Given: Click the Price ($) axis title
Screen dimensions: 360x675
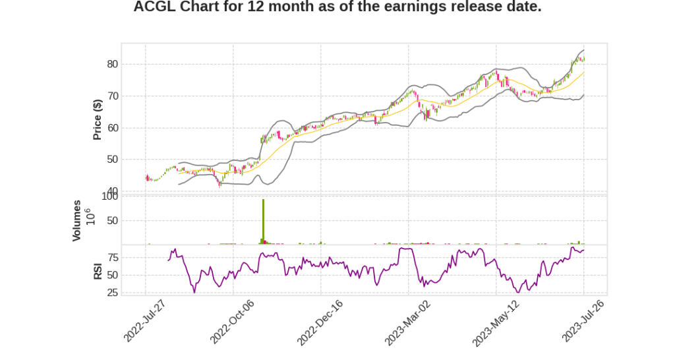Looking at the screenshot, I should click(x=98, y=119).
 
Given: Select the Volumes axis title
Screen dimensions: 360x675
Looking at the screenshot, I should click(x=77, y=220).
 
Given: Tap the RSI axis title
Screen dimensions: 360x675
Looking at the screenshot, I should click(x=98, y=270).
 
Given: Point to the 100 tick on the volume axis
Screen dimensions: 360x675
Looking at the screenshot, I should click(x=109, y=196).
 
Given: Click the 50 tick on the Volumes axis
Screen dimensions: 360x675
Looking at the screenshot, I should click(x=111, y=221).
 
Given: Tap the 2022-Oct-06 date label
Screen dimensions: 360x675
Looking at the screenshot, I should click(x=231, y=322).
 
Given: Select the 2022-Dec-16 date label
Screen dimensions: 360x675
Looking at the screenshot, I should click(x=318, y=322).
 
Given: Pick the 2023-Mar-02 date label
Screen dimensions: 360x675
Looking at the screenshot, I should click(x=406, y=322).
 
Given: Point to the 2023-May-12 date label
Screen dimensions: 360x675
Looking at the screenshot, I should click(x=494, y=322).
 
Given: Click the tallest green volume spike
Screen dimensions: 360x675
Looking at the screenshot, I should click(x=263, y=221).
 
